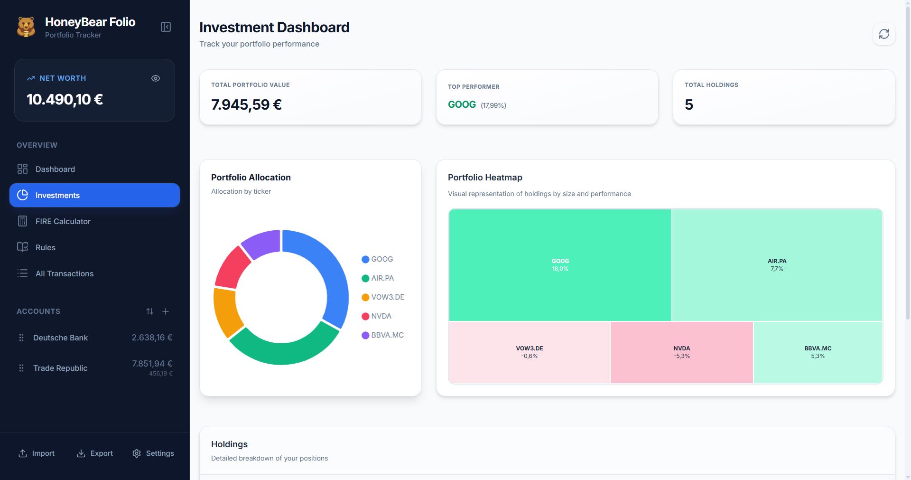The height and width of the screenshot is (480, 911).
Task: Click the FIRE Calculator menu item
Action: click(x=63, y=221)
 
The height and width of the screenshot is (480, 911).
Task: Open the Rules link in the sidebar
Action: click(x=45, y=247)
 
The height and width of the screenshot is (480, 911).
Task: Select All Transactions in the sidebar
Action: click(x=64, y=273)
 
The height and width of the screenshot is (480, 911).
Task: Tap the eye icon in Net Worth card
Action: click(x=156, y=78)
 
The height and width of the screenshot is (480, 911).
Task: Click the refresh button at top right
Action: click(x=884, y=34)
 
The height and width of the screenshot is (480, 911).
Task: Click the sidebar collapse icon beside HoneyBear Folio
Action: click(x=166, y=27)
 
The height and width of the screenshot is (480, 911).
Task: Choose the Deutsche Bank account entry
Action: click(x=60, y=338)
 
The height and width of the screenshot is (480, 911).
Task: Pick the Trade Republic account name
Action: click(x=60, y=368)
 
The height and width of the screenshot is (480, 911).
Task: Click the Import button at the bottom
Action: click(x=37, y=453)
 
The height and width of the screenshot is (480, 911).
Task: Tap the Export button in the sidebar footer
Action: click(x=95, y=453)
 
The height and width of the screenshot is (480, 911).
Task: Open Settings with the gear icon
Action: click(x=153, y=453)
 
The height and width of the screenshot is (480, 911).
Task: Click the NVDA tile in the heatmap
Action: click(x=681, y=352)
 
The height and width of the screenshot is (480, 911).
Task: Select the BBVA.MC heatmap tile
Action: click(x=818, y=352)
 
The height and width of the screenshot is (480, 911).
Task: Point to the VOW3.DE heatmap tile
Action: click(x=529, y=352)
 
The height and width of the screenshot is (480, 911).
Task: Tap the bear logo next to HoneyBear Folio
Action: click(x=26, y=27)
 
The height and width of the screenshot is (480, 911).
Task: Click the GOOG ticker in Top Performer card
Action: click(x=462, y=104)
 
